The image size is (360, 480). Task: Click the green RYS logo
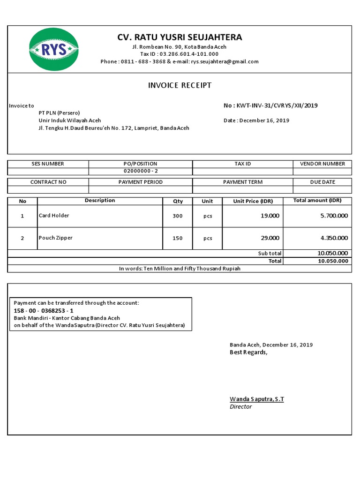[54, 49]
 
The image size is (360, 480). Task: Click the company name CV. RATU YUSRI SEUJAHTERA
[180, 37]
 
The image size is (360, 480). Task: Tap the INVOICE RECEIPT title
[180, 85]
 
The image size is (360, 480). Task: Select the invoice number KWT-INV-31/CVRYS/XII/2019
[277, 105]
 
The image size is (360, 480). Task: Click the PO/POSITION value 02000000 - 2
[141, 171]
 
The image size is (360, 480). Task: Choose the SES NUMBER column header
[48, 164]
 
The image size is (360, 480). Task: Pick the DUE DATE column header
[322, 182]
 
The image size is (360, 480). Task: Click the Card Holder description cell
[54, 216]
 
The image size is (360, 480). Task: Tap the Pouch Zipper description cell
[56, 238]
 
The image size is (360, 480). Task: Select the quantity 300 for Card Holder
[177, 216]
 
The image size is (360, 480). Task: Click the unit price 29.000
[270, 238]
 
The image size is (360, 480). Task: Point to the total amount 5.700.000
[334, 216]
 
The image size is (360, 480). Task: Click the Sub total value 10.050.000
[333, 253]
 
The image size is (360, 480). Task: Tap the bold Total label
[275, 261]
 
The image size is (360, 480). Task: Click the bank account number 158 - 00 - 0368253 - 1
[44, 310]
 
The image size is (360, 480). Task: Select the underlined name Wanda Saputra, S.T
[257, 399]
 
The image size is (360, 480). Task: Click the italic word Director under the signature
[240, 406]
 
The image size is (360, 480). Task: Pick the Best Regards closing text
[248, 352]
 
